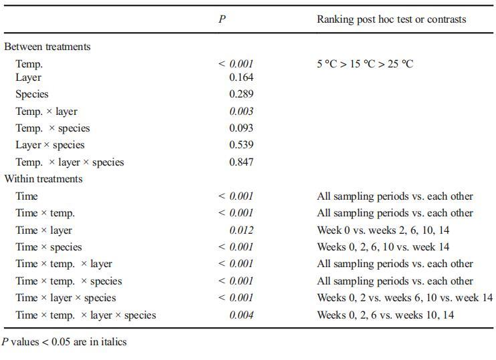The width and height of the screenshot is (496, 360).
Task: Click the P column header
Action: coord(222,19)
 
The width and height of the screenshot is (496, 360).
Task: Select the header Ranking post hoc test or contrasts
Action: coord(391,19)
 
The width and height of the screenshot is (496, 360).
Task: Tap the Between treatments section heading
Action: coord(47,47)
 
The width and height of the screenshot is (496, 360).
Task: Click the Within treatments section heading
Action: coord(43,179)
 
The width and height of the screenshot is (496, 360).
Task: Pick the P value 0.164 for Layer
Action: coord(241,77)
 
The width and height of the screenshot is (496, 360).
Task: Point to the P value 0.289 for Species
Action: coord(241,94)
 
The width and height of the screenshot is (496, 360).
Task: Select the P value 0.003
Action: coord(241,112)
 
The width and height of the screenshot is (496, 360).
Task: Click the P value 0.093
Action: coord(241,128)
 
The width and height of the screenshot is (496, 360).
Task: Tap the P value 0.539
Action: coord(241,145)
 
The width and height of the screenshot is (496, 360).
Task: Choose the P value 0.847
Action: coord(241,162)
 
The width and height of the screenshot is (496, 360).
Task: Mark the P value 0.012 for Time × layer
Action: coord(241,230)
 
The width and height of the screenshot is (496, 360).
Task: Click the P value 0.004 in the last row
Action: coord(241,315)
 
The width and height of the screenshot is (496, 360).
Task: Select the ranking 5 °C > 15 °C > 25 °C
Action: coord(365,64)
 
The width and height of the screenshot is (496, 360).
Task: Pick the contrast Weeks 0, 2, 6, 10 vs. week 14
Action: coord(383,247)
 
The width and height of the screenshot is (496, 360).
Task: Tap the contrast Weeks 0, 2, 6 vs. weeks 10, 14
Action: coord(385,315)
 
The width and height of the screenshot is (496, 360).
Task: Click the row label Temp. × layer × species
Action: coord(70,162)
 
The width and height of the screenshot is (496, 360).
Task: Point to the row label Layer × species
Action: coord(50,145)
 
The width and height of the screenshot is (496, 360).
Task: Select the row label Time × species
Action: coord(49,247)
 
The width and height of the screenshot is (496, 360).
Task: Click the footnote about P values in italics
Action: coord(64,342)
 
